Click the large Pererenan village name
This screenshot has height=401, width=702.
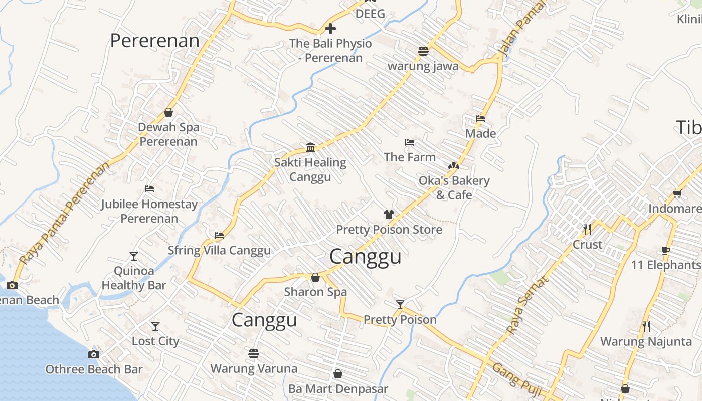(x=154, y=41)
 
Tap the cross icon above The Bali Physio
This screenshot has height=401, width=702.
(x=330, y=29)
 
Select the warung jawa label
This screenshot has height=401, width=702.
(x=423, y=66)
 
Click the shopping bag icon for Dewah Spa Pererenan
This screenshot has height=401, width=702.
(x=168, y=112)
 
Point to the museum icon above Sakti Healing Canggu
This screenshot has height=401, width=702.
(x=310, y=147)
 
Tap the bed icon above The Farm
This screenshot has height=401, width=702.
(x=410, y=142)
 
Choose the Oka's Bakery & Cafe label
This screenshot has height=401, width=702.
(x=454, y=187)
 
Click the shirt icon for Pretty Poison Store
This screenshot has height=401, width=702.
(x=389, y=215)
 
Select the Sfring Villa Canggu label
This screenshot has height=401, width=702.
(x=219, y=250)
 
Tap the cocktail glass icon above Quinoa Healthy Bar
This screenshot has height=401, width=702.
(x=133, y=256)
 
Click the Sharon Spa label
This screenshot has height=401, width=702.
(x=315, y=292)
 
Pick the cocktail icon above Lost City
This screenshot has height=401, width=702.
(x=155, y=326)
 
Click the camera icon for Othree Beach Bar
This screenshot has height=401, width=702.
(x=93, y=355)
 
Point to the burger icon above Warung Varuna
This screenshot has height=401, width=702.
(x=254, y=354)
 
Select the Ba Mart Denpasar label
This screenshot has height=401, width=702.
(x=338, y=389)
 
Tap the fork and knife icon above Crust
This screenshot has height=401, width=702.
(x=587, y=230)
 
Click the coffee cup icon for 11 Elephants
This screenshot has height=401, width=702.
(x=666, y=250)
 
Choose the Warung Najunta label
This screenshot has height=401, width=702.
(x=646, y=342)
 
